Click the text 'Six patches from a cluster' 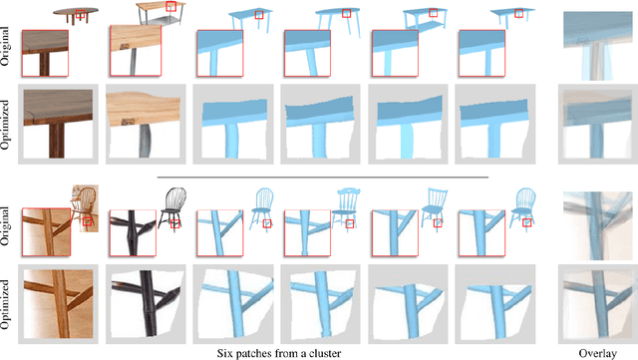pos(284,351)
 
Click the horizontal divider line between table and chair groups pos(322,177)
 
